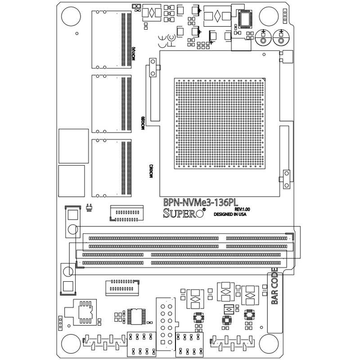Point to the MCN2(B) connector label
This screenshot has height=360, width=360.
pos(143,123)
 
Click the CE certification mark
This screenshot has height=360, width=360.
pos(162,38)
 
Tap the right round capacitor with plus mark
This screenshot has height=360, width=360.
pos(280,39)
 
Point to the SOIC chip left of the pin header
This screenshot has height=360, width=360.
pos(135,316)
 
